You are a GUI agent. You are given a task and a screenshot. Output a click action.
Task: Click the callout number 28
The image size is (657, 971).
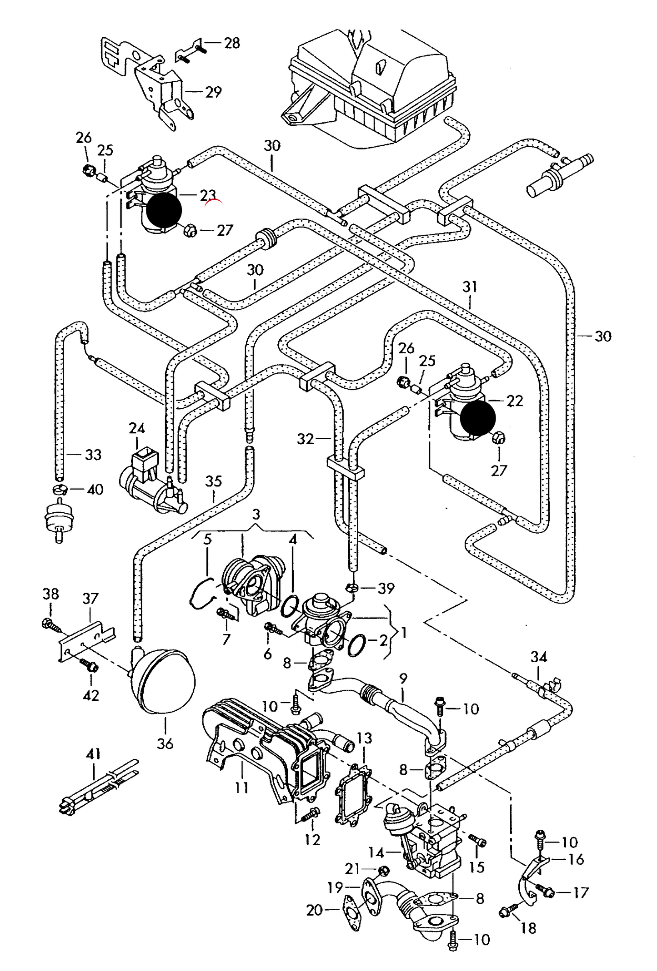[231, 43]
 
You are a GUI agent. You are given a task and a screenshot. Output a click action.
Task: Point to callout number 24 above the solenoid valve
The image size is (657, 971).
[136, 428]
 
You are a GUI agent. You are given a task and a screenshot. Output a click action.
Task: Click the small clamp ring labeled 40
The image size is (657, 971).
[60, 489]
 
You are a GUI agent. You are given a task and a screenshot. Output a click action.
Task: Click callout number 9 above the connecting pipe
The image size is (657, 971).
[403, 679]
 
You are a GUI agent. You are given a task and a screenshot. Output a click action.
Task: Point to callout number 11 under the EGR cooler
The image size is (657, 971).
[241, 787]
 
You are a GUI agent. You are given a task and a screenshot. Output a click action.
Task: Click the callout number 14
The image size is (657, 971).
[376, 852]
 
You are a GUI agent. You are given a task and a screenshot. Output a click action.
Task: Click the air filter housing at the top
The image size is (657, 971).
[373, 86]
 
